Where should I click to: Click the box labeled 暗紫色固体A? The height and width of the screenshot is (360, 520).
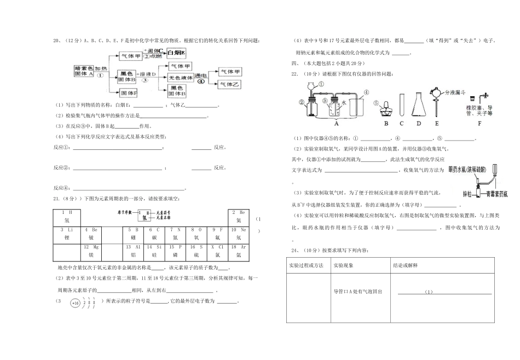coord(84,71)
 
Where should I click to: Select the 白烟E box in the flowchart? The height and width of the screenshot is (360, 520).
coord(176,53)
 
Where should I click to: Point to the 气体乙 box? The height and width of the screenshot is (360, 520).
coord(229,84)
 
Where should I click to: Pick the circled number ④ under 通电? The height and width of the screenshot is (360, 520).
coord(201,81)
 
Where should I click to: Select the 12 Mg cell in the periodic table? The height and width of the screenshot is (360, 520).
coord(91,252)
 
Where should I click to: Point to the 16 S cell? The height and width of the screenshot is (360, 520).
coord(196,252)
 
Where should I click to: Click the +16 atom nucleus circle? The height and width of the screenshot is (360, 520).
coord(75,303)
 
